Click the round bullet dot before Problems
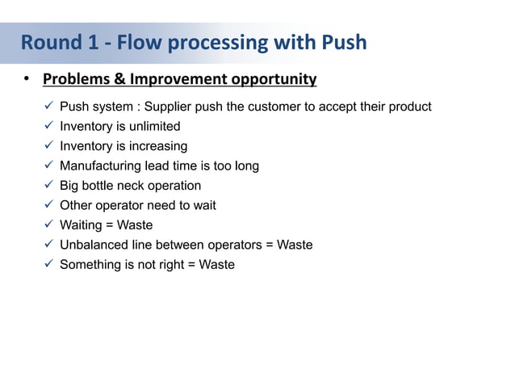(x=26, y=79)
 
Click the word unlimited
(x=152, y=126)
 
